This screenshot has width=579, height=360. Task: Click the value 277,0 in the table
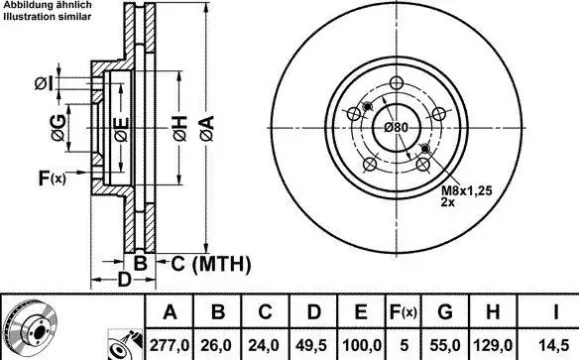click(170, 345)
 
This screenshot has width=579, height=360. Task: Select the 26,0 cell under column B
click(216, 345)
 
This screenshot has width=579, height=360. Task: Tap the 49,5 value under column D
click(311, 345)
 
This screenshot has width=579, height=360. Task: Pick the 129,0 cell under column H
click(493, 345)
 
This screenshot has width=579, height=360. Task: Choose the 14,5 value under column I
click(554, 345)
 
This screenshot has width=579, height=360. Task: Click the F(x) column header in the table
click(404, 312)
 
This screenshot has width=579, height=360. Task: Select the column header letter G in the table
click(445, 312)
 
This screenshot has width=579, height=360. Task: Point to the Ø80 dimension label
click(397, 128)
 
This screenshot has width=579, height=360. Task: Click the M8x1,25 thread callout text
click(467, 190)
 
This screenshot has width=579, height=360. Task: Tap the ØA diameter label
click(207, 129)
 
